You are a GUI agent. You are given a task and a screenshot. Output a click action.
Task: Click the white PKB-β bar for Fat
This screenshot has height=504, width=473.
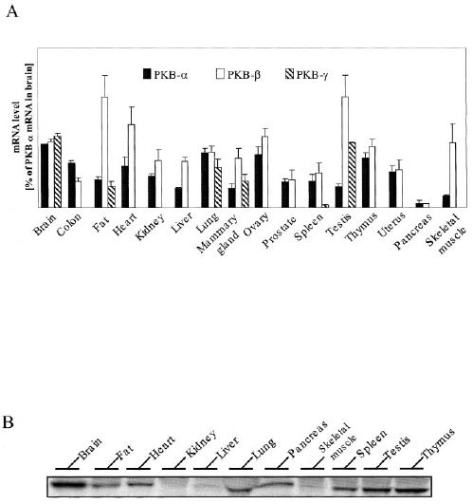104,152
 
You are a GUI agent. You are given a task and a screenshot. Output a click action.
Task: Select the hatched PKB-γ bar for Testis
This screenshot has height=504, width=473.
352,175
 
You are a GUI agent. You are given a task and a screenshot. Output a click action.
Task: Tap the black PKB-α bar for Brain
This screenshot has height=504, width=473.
45,176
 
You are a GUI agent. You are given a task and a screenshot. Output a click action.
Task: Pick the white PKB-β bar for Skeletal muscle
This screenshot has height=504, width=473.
452,175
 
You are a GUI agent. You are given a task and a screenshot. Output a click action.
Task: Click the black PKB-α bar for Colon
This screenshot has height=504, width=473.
71,185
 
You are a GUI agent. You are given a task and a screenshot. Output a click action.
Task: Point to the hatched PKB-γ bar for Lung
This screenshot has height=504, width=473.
218,187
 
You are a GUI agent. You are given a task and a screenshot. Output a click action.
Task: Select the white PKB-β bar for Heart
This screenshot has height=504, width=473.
132,166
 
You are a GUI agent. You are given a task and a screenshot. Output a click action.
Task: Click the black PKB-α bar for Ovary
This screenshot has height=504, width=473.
259,180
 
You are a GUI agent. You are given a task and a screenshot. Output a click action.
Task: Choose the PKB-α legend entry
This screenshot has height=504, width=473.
165,75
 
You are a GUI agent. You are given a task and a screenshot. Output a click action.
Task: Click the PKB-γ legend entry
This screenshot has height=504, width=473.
307,75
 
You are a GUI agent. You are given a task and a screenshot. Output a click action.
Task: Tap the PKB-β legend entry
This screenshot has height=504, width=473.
238,75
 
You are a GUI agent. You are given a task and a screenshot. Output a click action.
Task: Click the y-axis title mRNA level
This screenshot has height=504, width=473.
17,127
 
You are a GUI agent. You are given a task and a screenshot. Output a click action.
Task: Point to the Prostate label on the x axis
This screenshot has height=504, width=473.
279,232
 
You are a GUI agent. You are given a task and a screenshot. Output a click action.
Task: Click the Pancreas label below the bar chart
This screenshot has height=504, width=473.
412,232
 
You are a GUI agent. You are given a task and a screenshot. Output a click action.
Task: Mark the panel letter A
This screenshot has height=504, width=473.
12,12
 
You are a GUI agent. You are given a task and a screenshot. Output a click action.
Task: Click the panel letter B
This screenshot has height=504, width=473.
8,422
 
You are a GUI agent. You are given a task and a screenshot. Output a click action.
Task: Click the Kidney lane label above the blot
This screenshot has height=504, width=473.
201,445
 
